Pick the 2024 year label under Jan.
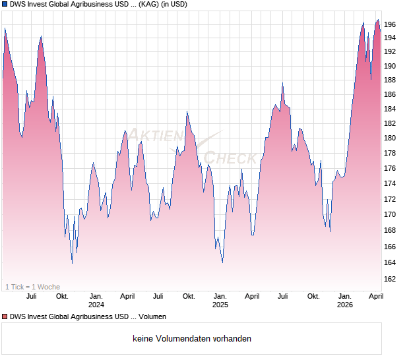click(x=96, y=305)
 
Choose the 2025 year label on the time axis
click(x=220, y=305)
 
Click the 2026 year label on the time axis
click(x=344, y=305)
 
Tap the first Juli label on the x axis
click(x=31, y=296)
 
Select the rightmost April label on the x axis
click(x=375, y=296)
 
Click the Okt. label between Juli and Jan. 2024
click(x=62, y=296)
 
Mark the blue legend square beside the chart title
click(x=5, y=5)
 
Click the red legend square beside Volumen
click(x=5, y=317)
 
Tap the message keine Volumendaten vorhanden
click(x=191, y=339)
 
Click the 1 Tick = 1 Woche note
click(x=32, y=287)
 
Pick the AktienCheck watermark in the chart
click(x=191, y=146)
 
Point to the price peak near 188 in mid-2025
click(x=282, y=84)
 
